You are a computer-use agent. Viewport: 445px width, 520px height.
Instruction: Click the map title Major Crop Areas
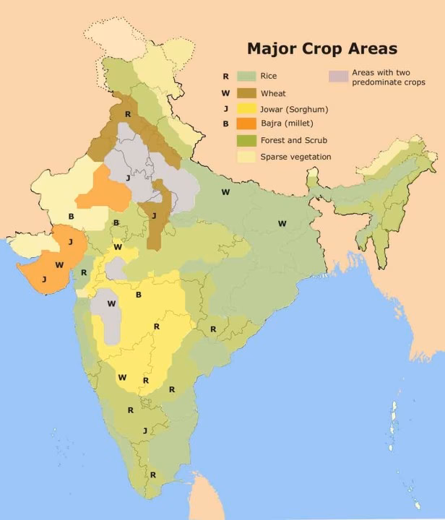click(x=321, y=49)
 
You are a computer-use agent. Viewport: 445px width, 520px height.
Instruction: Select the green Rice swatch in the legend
click(x=246, y=76)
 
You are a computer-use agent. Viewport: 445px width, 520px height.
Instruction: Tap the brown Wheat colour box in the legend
click(x=246, y=92)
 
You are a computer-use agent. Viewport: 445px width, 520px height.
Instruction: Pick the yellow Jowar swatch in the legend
click(x=246, y=109)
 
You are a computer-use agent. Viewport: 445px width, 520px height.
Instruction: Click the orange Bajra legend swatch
click(x=246, y=125)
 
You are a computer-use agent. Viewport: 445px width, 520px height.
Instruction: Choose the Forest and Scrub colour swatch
click(x=246, y=141)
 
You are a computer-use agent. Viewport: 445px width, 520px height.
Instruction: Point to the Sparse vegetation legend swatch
click(x=246, y=157)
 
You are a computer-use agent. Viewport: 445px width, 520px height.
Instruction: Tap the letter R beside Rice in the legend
click(x=226, y=76)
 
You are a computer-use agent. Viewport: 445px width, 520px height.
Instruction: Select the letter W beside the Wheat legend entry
click(x=226, y=92)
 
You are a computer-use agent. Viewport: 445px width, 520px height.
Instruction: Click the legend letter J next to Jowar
click(x=226, y=109)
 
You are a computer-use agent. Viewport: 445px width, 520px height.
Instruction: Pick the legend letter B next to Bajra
click(x=226, y=125)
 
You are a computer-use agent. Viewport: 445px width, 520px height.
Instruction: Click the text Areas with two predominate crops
click(x=387, y=78)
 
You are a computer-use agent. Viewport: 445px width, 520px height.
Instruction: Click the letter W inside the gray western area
click(x=111, y=303)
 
